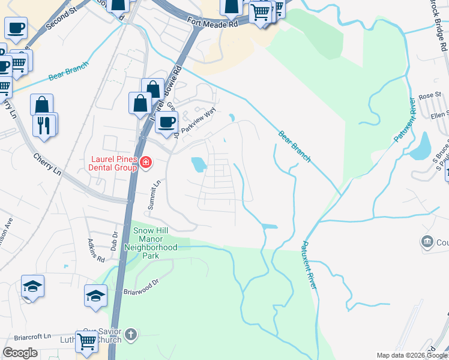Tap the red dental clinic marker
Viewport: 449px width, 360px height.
tap(145, 162)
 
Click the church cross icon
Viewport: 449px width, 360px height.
tap(132, 334)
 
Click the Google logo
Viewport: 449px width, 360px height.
tap(20, 353)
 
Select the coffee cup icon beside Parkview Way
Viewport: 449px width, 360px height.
tap(166, 122)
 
